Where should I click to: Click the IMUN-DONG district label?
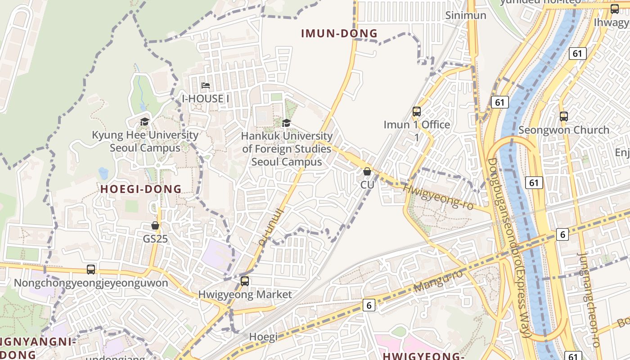pos(339,33)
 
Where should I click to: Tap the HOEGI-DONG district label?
pos(141,189)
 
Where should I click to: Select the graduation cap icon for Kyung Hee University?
pos(144,121)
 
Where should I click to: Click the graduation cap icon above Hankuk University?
pos(286,123)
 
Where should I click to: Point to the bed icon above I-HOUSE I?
pos(206,85)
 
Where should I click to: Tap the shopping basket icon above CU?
pos(367,171)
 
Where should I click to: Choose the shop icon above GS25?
pos(155,225)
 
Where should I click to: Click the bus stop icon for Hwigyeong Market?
pos(245,281)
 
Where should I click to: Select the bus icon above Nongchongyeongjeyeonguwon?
pos(91,270)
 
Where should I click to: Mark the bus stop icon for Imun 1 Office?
pos(417,111)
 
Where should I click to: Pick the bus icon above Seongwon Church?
pos(564,117)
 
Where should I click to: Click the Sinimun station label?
pos(466,15)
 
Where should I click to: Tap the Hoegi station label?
pos(263,337)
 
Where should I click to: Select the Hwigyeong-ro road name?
pos(437,197)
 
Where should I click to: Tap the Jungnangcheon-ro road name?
pos(589,300)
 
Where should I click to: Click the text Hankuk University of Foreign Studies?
pos(287,148)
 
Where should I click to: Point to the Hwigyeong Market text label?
pos(245,295)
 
